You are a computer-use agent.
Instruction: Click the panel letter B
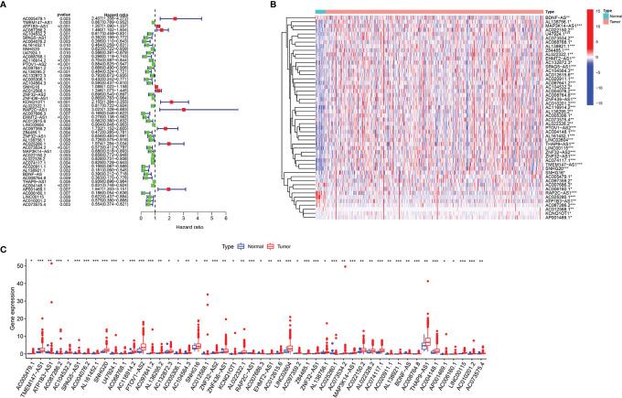306,5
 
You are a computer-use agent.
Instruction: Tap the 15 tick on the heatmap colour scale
606,11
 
